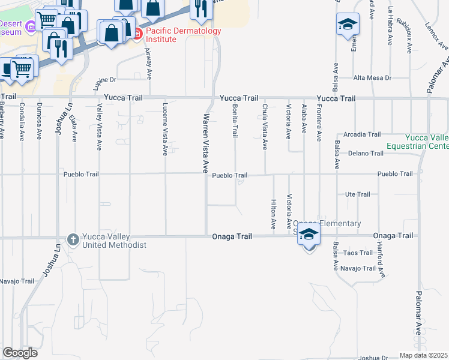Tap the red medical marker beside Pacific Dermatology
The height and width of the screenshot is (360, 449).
pos(137,34)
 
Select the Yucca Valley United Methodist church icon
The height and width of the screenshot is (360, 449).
pos(73,240)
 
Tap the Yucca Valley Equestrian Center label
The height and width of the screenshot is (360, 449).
pos(427,141)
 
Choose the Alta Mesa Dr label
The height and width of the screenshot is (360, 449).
pos(372,78)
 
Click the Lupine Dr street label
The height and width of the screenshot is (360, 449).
pos(104,79)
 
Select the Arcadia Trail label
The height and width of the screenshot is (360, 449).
pos(362,134)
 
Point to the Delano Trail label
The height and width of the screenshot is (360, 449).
pos(366,154)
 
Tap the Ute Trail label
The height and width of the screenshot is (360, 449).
pos(357,194)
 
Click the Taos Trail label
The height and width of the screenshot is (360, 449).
pos(358,253)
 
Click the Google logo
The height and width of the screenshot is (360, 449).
pos(20,353)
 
